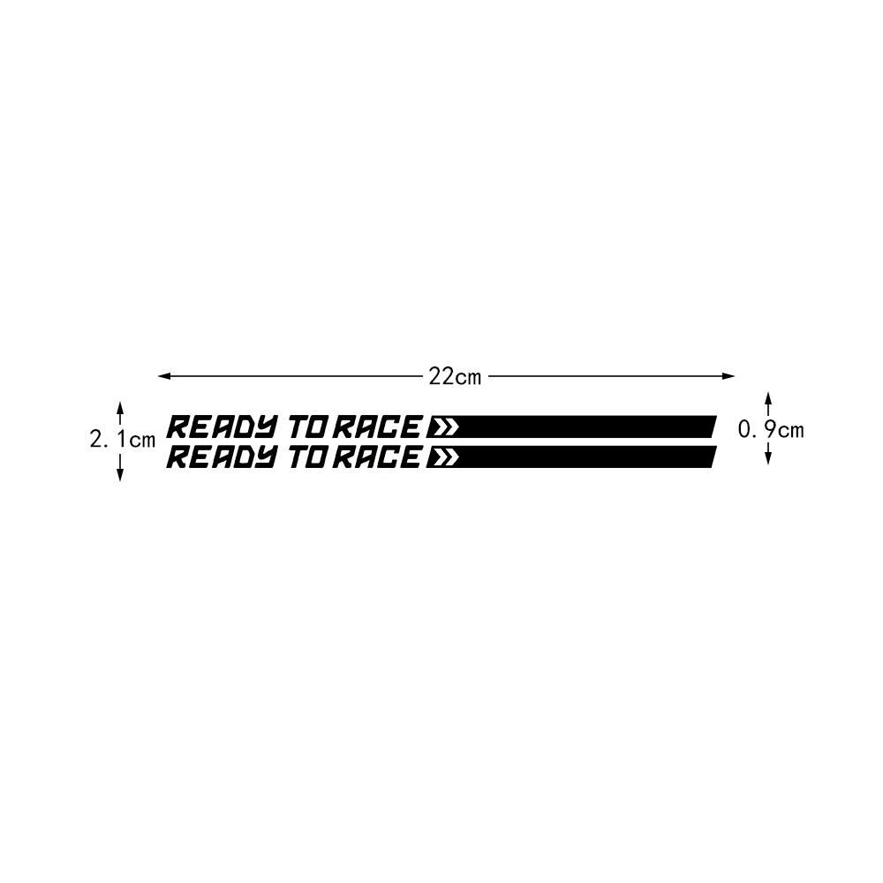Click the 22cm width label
click(x=455, y=377)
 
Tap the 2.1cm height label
click(x=122, y=439)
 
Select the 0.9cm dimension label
click(x=771, y=430)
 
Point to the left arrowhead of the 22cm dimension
click(x=163, y=377)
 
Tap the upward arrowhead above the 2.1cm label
click(x=120, y=407)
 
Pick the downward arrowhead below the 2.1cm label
click(x=120, y=475)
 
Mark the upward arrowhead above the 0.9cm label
click(x=768, y=396)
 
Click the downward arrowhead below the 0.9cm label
click(x=768, y=459)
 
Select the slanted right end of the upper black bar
click(x=711, y=427)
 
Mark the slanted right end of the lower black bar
click(x=711, y=457)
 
